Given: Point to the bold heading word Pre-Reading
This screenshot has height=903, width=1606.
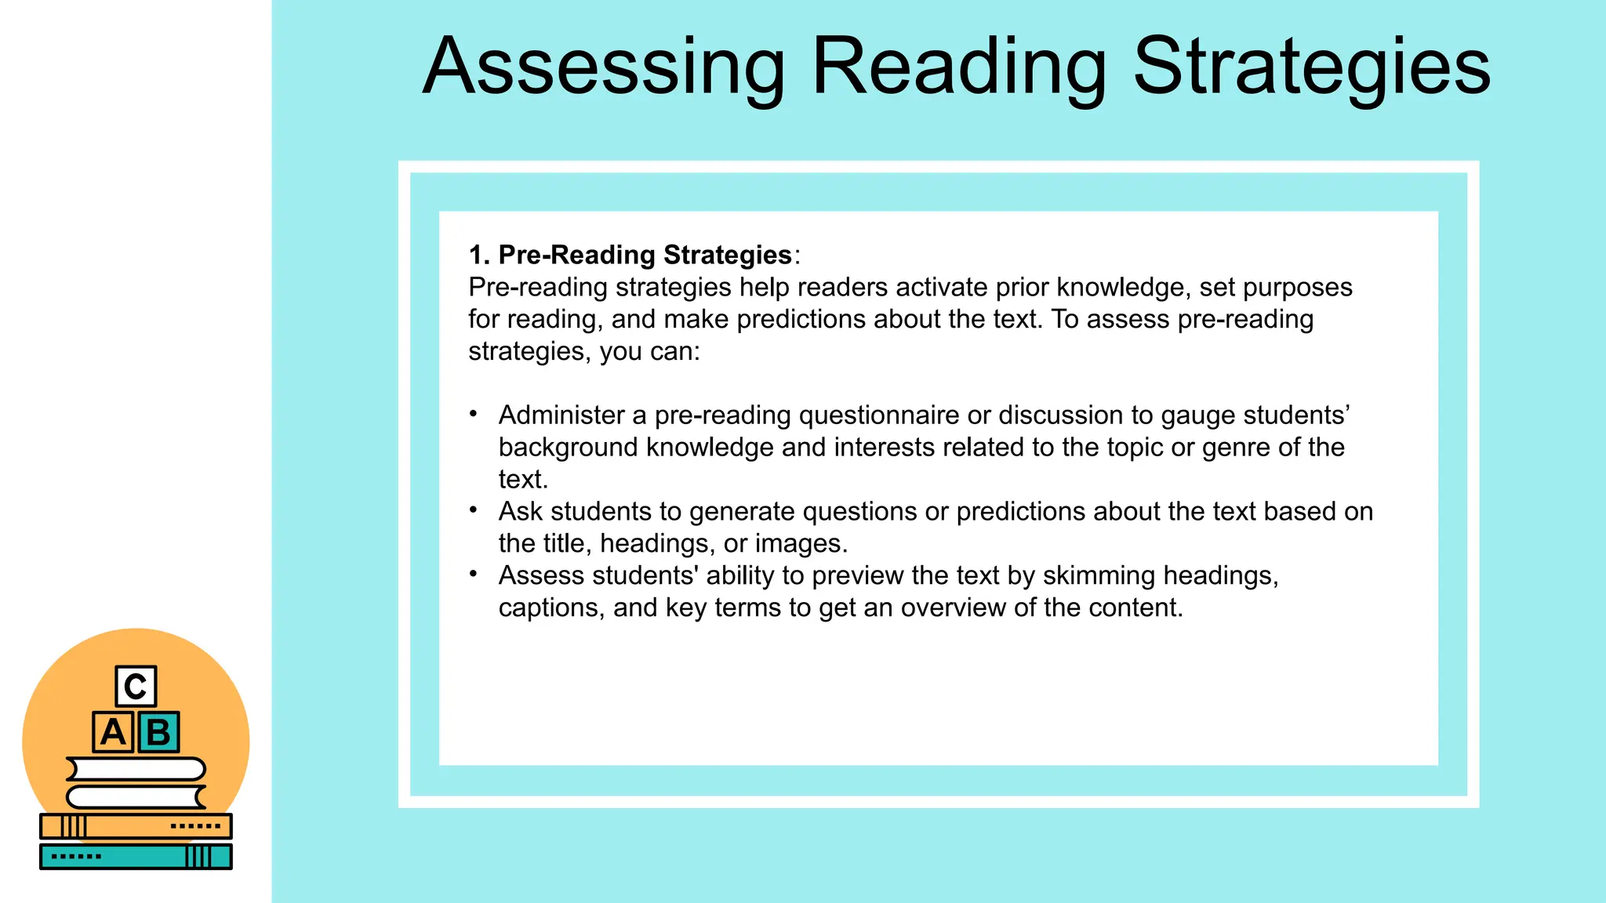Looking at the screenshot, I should click(x=577, y=255).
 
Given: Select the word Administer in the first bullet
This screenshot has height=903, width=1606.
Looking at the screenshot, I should click(x=561, y=415).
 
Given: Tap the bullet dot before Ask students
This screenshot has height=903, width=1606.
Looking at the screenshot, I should click(x=474, y=510).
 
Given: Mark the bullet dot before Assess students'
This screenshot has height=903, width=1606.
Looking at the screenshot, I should click(x=474, y=575).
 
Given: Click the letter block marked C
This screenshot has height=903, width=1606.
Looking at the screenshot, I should click(x=136, y=687).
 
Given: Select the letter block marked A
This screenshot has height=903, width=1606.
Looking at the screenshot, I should click(x=113, y=732).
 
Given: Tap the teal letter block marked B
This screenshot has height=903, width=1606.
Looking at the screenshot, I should click(x=158, y=732).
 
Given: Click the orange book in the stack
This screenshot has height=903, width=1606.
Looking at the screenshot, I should click(x=136, y=826).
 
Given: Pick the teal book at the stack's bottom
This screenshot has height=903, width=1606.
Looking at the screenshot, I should click(x=136, y=856).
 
